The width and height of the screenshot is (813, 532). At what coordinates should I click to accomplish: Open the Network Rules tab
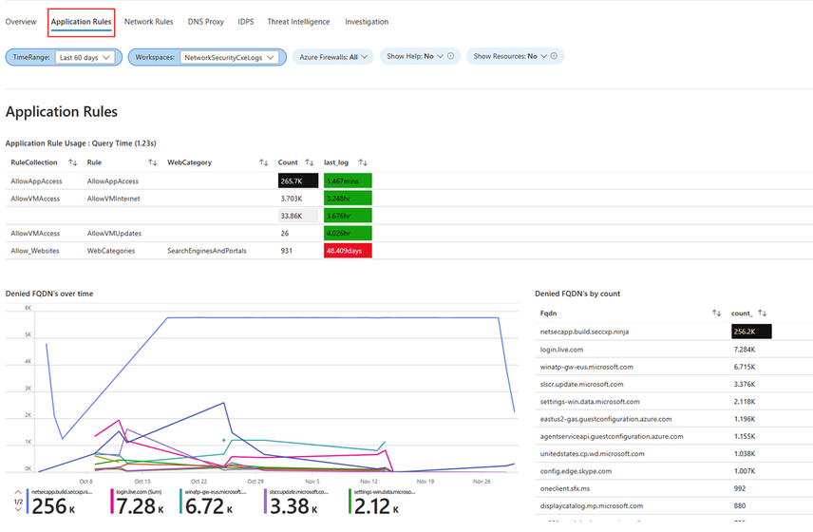148,21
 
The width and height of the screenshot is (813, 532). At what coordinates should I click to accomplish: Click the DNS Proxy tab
206,21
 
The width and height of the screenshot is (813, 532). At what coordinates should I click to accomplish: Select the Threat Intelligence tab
298,21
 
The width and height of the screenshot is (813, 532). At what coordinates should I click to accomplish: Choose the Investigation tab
367,21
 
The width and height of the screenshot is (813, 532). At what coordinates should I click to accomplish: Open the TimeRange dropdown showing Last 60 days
85,57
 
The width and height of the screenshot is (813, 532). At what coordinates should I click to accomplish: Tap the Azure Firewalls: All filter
334,57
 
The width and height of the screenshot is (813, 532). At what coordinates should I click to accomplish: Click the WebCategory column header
190,162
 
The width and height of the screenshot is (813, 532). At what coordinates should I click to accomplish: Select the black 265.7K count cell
297,180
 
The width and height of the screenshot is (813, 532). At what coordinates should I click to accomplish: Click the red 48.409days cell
347,251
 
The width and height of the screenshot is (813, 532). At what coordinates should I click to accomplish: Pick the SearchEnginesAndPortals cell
206,251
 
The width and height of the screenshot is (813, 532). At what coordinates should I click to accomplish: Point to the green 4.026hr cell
347,233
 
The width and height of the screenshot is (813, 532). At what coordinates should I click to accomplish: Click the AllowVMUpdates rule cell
115,233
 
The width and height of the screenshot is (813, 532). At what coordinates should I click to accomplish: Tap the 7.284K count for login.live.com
744,350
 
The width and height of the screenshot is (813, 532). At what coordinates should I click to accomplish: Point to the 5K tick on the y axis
28,334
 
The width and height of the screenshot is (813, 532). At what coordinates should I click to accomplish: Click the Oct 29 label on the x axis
254,482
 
